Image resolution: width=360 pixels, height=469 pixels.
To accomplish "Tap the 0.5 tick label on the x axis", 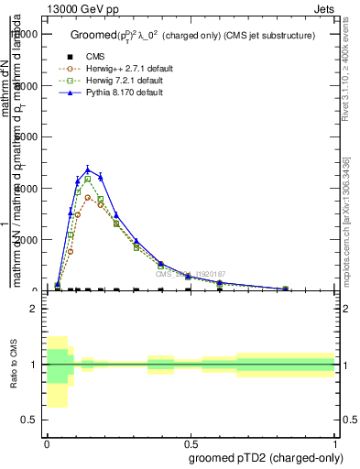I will (191, 444).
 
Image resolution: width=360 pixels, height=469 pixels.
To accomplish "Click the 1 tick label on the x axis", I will (335, 444).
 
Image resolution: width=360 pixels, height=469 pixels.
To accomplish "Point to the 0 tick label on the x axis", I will (47, 444).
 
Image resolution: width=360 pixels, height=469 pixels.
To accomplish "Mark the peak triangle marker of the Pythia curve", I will (88, 169).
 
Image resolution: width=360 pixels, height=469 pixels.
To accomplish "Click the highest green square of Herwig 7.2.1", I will (88, 179).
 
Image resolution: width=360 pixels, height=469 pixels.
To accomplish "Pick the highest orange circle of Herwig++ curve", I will (88, 197).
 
